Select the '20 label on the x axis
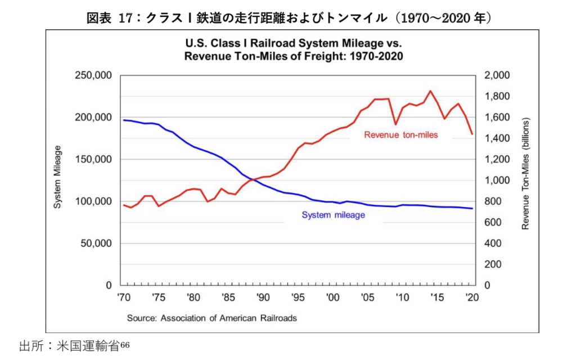tap(472, 298)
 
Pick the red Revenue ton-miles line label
tap(400, 135)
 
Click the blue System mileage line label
tap(334, 215)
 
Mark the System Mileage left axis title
tap(57, 177)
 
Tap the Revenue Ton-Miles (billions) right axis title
tap(526, 174)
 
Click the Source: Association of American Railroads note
tap(211, 318)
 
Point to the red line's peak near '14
tap(430, 91)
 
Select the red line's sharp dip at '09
tap(395, 124)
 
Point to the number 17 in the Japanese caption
tap(126, 18)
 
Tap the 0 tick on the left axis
tap(109, 286)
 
